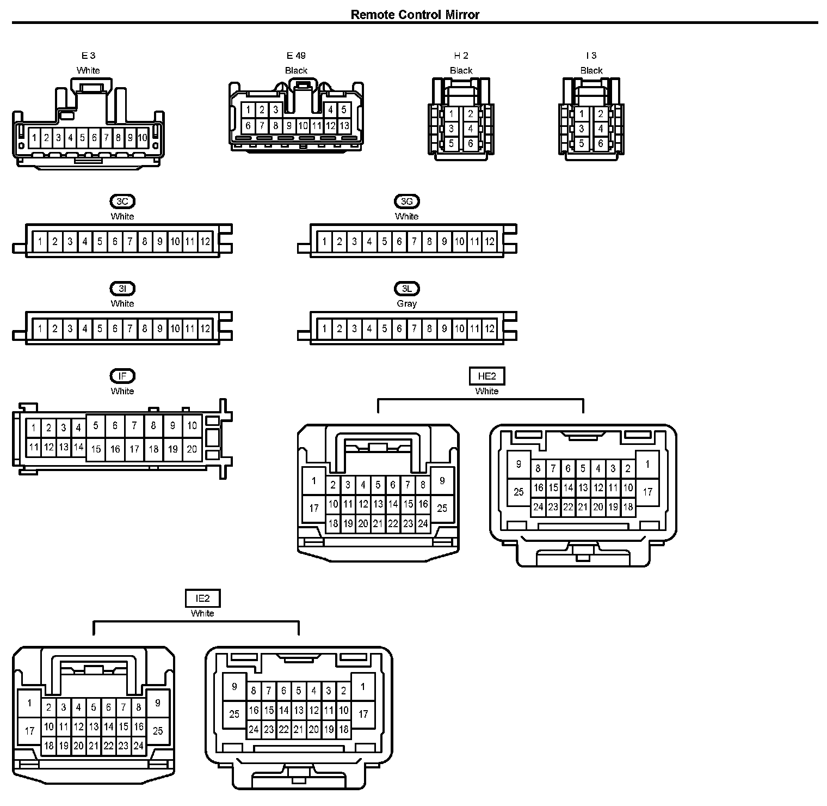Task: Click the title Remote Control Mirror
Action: [x=415, y=14]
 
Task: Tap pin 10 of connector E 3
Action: [x=142, y=138]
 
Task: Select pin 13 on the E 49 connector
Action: [x=344, y=126]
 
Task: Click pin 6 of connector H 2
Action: [x=471, y=144]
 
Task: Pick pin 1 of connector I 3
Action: [x=582, y=114]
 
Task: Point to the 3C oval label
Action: [x=122, y=201]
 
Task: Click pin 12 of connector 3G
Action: [x=490, y=241]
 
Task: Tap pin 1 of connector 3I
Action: [x=40, y=328]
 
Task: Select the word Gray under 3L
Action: [x=406, y=303]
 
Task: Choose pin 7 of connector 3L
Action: [x=414, y=328]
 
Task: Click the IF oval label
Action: [x=122, y=376]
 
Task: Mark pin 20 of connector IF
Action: [x=192, y=449]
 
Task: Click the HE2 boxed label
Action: [x=486, y=376]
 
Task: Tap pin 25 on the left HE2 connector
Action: [x=442, y=508]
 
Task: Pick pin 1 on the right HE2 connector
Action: [x=647, y=465]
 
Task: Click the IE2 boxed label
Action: [x=202, y=599]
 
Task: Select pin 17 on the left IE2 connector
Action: [x=29, y=730]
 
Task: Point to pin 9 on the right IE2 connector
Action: [x=234, y=687]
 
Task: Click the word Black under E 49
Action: [x=296, y=70]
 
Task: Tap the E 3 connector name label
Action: [x=88, y=56]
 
